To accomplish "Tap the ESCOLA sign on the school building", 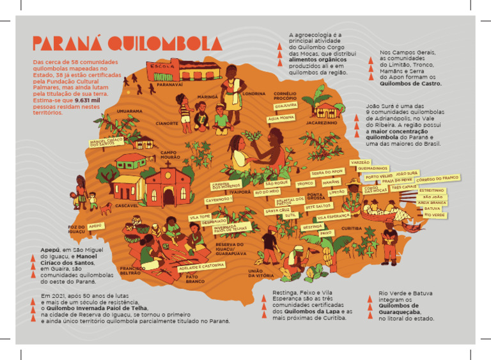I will coord(159,66).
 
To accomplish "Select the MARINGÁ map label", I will coord(208,97).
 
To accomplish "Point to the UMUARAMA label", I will coord(130,110).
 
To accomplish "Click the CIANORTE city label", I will coord(167,123).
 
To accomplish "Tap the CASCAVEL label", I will coord(127,205).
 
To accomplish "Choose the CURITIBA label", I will coord(352,228).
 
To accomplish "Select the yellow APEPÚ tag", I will coord(95,226).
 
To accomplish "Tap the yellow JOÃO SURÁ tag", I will coord(407,173).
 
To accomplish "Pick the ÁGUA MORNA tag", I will coord(281,118).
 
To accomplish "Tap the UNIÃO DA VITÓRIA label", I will coord(260,273).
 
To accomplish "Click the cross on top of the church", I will coord(168,164).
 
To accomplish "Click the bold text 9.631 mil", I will coord(87,101).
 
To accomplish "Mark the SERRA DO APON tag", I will coord(327,172).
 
